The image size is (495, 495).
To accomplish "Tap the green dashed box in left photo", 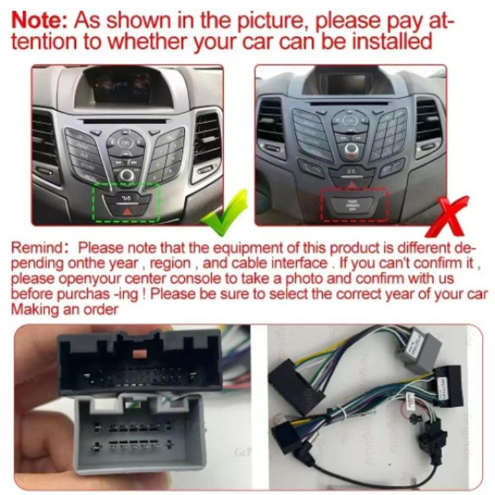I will point(126,201).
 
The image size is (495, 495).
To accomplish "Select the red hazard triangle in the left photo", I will point(127,213).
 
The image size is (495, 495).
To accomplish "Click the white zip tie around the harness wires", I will point(411,400).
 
